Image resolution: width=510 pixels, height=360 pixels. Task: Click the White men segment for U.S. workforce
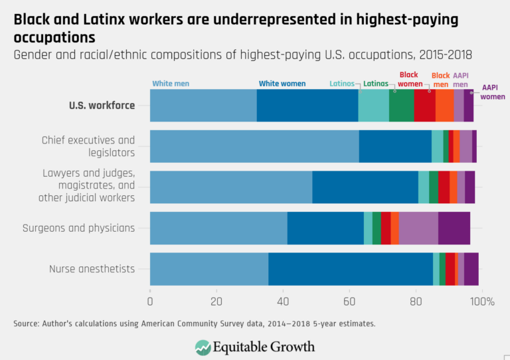pyautogui.click(x=203, y=106)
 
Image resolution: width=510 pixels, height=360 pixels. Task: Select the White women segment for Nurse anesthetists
pyautogui.click(x=351, y=269)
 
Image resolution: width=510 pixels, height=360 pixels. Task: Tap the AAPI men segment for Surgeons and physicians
pyautogui.click(x=418, y=228)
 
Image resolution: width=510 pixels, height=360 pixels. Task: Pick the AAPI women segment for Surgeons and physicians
pyautogui.click(x=454, y=228)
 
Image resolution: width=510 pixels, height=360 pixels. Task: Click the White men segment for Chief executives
pyautogui.click(x=254, y=146)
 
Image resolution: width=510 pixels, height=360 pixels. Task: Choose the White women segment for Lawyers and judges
pyautogui.click(x=365, y=187)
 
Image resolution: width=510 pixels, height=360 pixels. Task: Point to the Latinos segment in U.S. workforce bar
pyautogui.click(x=373, y=106)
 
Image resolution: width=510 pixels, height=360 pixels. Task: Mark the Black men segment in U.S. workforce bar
pyautogui.click(x=444, y=106)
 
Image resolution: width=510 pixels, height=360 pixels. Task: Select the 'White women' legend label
pyautogui.click(x=282, y=84)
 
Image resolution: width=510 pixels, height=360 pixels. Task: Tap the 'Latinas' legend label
pyautogui.click(x=376, y=84)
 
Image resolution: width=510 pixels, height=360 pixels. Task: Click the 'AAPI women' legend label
pyautogui.click(x=493, y=92)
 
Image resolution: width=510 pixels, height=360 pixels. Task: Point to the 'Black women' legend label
pyautogui.click(x=410, y=80)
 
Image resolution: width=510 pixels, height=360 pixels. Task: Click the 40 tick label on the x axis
pyautogui.click(x=283, y=302)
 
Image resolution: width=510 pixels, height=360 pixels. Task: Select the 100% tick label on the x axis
pyautogui.click(x=482, y=302)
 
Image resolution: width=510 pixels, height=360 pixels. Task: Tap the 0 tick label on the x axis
pyautogui.click(x=150, y=302)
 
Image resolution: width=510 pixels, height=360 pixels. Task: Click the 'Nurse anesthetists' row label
pyautogui.click(x=92, y=269)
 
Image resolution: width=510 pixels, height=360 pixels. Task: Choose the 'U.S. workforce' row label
pyautogui.click(x=102, y=106)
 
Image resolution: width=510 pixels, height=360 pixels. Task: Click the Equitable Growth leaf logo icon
pyautogui.click(x=203, y=347)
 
